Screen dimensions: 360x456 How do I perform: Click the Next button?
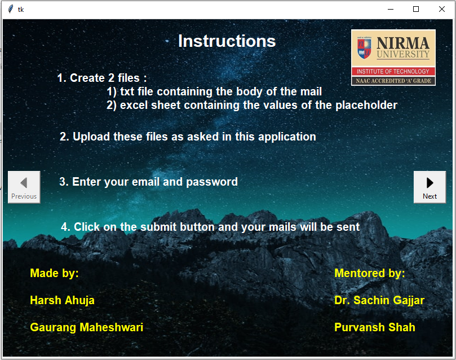(430, 187)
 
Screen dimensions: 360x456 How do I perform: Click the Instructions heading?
(227, 41)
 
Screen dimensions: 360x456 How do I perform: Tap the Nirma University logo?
(393, 57)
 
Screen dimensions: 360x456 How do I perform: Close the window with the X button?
(442, 9)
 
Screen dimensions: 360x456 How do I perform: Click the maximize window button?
(416, 9)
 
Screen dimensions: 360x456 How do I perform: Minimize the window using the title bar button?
(390, 9)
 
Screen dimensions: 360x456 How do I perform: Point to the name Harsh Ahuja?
(62, 300)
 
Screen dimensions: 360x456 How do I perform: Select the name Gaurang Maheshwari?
(86, 327)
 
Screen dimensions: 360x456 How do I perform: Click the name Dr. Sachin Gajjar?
(379, 300)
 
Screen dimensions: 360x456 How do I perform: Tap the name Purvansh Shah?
(374, 327)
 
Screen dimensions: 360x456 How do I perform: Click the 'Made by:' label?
(54, 273)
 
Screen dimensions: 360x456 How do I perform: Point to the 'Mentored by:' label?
(369, 273)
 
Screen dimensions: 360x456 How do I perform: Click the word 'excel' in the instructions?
(134, 105)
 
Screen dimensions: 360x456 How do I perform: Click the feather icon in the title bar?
(10, 9)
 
